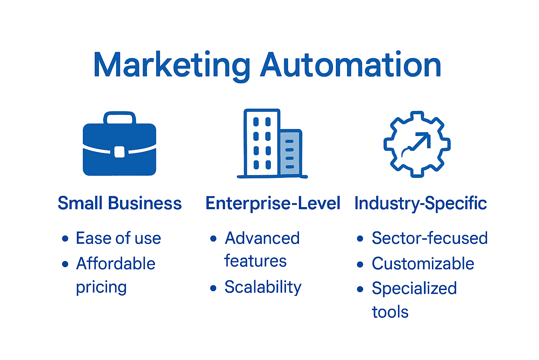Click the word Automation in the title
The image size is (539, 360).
pyautogui.click(x=351, y=65)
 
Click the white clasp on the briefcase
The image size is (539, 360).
pyautogui.click(x=119, y=152)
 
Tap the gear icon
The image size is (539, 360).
pyautogui.click(x=417, y=144)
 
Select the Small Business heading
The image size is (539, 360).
pyautogui.click(x=120, y=203)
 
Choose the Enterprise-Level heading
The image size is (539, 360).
pyautogui.click(x=273, y=203)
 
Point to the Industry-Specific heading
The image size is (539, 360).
pyautogui.click(x=420, y=203)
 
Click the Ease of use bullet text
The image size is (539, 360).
pyautogui.click(x=118, y=238)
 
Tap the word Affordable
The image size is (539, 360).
pyautogui.click(x=115, y=264)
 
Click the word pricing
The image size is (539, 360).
pyautogui.click(x=101, y=288)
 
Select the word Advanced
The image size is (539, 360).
pyautogui.click(x=262, y=238)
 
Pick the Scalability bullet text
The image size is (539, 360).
pyautogui.click(x=263, y=287)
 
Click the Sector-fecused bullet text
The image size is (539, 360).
pyautogui.click(x=430, y=238)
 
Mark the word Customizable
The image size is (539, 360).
pyautogui.click(x=423, y=264)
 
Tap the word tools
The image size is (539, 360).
pyautogui.click(x=390, y=312)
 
